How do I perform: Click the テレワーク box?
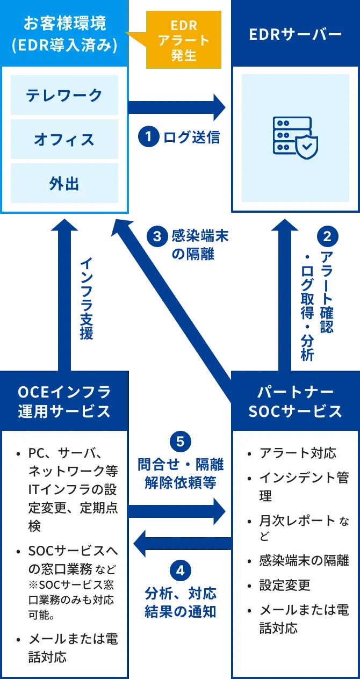[64, 95]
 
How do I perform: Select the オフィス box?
[64, 140]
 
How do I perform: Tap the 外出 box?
[64, 184]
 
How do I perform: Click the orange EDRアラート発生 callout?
[184, 40]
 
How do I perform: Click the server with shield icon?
[296, 138]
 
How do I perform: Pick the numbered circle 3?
[157, 236]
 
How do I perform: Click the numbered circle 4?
[180, 570]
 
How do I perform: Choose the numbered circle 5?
[180, 442]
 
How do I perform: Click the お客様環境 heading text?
[64, 24]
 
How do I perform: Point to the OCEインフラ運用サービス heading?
[64, 401]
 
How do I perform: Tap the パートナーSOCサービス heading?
[296, 401]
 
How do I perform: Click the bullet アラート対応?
[298, 453]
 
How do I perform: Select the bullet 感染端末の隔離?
[304, 560]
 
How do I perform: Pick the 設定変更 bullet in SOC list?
[285, 585]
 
